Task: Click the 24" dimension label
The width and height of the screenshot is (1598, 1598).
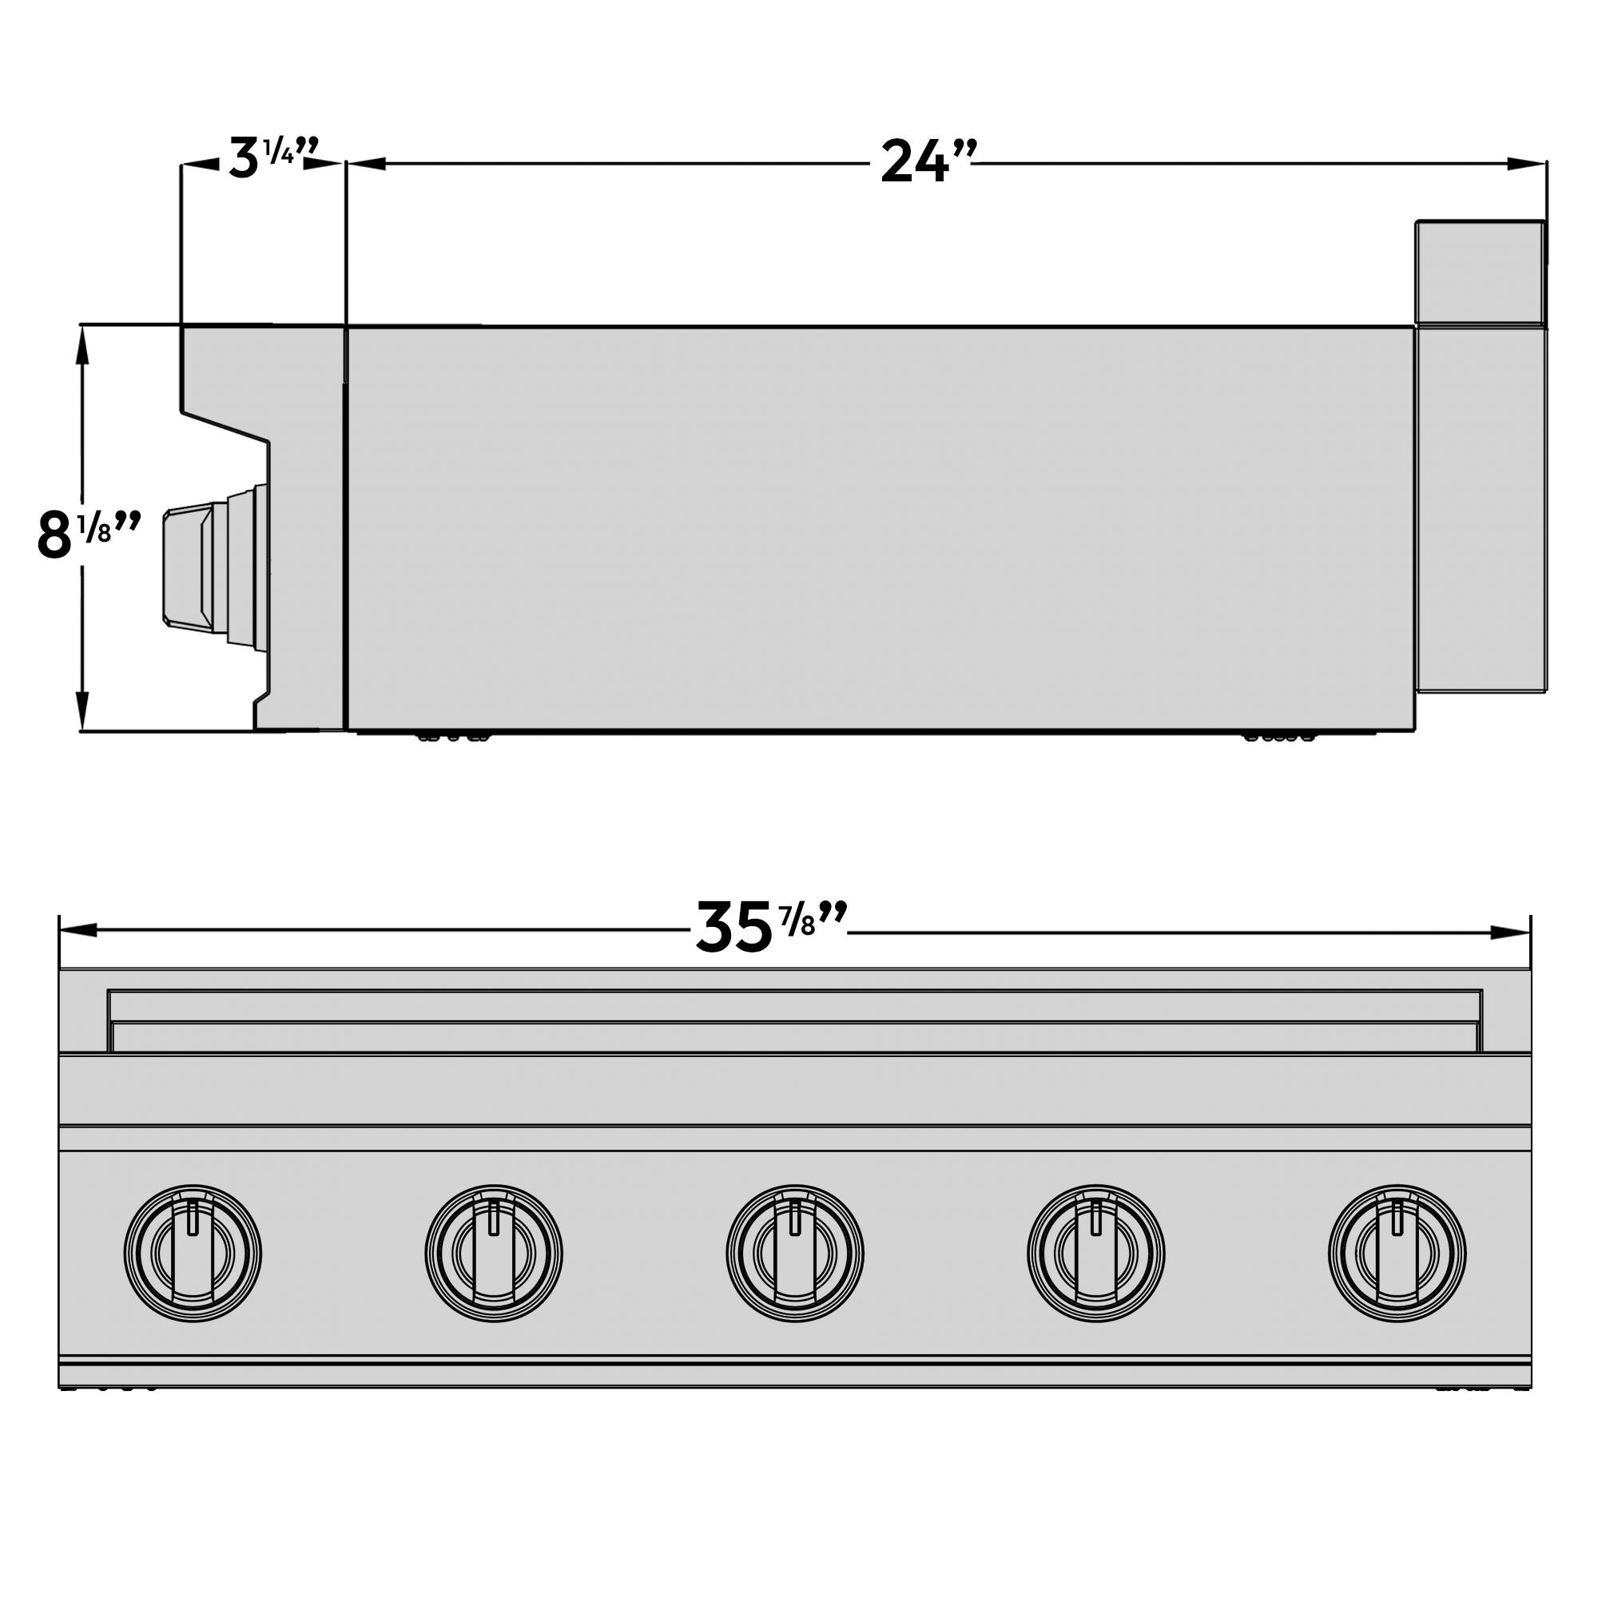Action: (927, 162)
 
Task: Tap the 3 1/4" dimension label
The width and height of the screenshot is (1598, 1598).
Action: (272, 159)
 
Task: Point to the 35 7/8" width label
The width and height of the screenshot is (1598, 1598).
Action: (771, 928)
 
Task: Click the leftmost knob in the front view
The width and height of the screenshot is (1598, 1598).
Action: (193, 1253)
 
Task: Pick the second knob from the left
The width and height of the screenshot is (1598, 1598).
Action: (494, 1253)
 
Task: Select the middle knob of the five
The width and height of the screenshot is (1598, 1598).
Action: (795, 1253)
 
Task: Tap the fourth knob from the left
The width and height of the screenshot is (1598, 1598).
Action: (1096, 1253)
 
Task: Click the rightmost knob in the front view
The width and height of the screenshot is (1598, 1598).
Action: (1397, 1253)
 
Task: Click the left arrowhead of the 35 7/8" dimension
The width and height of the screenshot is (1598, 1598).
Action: (78, 932)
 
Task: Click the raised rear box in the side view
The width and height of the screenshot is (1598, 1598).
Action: (1480, 272)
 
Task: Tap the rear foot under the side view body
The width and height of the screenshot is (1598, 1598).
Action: (1278, 736)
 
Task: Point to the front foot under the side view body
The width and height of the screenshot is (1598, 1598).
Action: (451, 736)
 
